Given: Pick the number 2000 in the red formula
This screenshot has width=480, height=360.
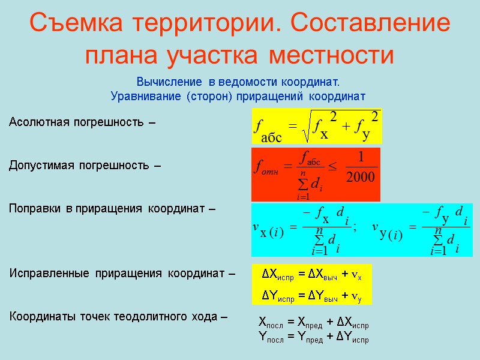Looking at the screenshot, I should tap(361, 176).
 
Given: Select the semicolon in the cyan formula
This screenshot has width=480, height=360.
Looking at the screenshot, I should tap(356, 227).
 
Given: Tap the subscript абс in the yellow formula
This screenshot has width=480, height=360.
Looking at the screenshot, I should tap(271, 137).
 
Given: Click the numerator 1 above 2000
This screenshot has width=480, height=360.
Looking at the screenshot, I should tap(361, 157).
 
